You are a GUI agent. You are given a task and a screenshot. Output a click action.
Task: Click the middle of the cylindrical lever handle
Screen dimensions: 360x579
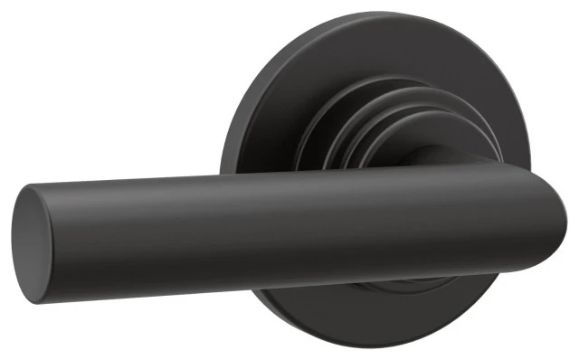[x=271, y=217]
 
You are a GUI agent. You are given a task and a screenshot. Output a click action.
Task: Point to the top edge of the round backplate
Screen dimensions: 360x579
[x=362, y=15]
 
